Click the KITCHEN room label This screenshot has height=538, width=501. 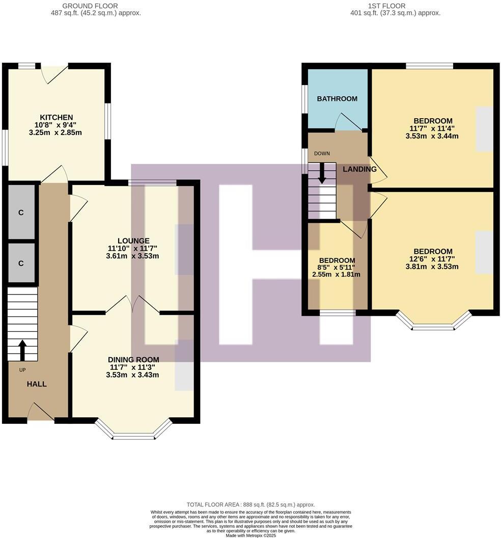(57, 117)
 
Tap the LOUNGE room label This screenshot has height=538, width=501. (133, 240)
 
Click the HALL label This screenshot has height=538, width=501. (37, 384)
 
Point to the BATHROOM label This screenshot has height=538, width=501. (337, 98)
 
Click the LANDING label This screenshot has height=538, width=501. (359, 169)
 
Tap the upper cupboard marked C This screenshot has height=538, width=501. (21, 212)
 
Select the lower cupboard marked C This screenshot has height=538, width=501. (21, 263)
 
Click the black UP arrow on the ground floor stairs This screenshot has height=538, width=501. (22, 351)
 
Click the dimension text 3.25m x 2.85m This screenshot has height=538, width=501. (57, 132)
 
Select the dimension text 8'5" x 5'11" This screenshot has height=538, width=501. (336, 267)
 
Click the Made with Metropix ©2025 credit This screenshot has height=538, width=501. (250, 534)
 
